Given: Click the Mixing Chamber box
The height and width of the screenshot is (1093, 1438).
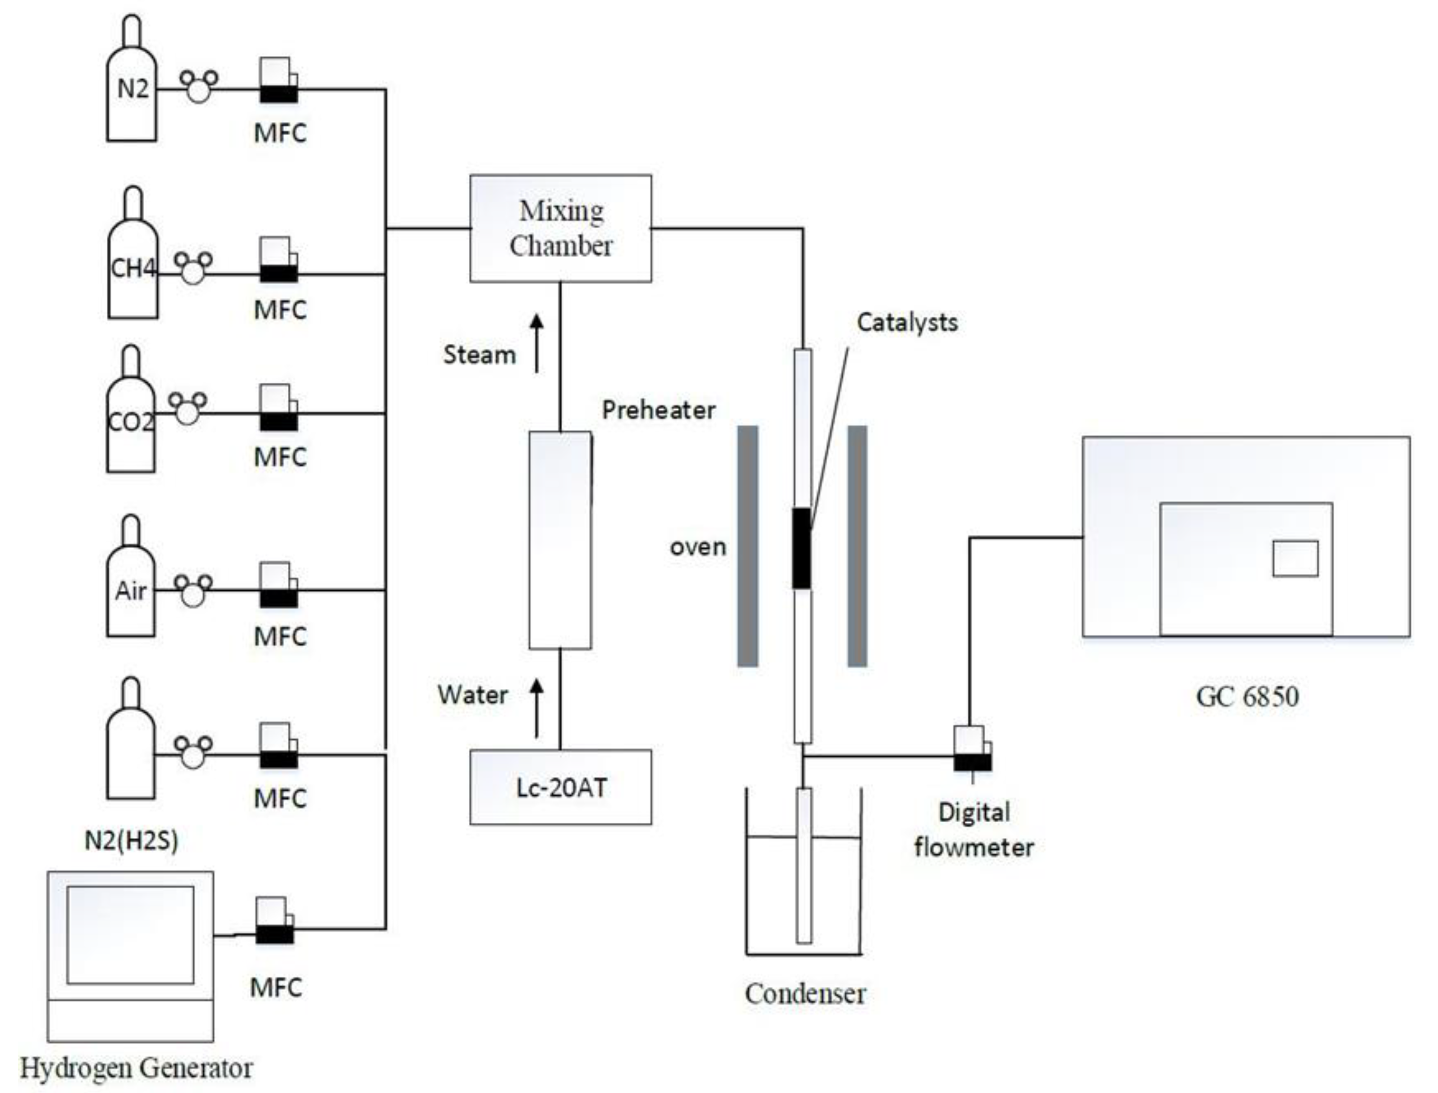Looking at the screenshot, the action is [560, 229].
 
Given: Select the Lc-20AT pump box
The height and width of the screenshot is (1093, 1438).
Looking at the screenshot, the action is [560, 787].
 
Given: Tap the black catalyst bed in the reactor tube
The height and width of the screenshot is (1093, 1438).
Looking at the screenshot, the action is [801, 549].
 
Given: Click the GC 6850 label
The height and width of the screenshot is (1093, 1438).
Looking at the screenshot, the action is [1247, 696].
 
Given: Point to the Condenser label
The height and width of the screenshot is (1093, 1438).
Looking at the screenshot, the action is [805, 994].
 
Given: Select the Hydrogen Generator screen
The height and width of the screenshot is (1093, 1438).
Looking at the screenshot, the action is [131, 935].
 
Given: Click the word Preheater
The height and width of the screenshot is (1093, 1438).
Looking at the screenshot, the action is [658, 410].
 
